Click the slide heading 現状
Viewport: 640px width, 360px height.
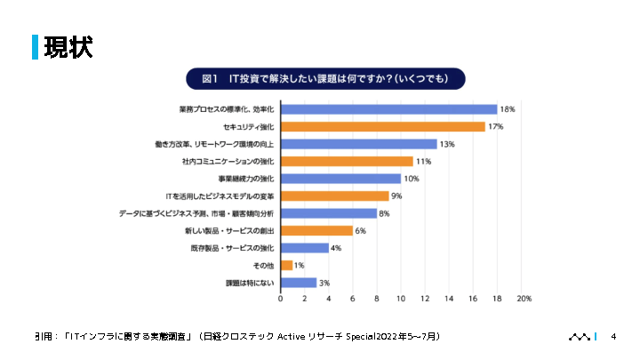(x=68, y=47)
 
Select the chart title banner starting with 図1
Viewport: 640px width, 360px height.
(x=325, y=79)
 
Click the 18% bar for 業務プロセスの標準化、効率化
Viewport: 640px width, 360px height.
(x=388, y=109)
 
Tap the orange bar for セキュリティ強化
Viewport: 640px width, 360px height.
(x=382, y=126)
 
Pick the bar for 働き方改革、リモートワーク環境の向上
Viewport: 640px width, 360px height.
(x=358, y=144)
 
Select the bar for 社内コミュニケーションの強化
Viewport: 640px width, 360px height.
(x=347, y=161)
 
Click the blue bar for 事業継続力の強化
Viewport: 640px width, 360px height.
(x=340, y=179)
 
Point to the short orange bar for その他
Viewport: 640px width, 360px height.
(x=286, y=265)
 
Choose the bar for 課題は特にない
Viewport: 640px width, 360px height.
(x=298, y=283)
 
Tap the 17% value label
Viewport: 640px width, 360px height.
(x=496, y=127)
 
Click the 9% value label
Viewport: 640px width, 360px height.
(x=396, y=196)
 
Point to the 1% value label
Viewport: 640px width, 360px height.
(x=300, y=265)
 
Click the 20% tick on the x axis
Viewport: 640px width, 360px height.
(x=524, y=300)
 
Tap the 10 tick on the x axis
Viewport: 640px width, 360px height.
(x=401, y=300)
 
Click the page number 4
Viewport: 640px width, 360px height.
(x=613, y=337)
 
